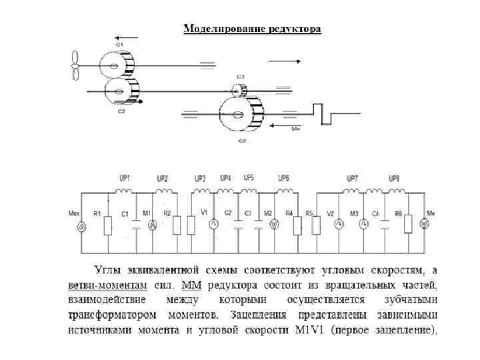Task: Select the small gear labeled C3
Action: click(x=238, y=89)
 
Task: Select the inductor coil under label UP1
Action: click(x=123, y=191)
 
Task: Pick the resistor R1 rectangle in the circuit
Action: click(x=108, y=225)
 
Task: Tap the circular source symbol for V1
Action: click(x=214, y=224)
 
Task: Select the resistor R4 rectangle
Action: click(x=297, y=225)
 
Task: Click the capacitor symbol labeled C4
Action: click(x=385, y=225)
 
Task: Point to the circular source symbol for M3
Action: click(x=363, y=225)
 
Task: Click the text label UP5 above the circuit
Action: click(x=248, y=178)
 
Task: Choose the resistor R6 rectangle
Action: click(x=407, y=225)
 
